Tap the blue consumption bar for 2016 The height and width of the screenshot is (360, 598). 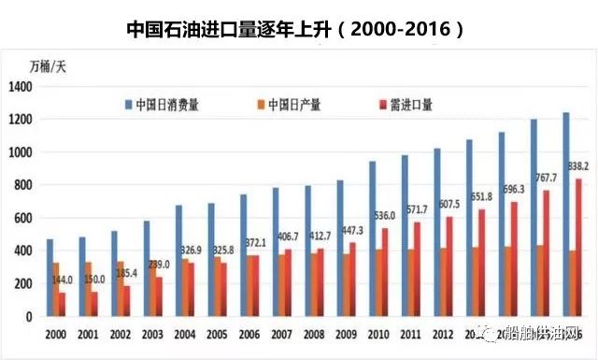click(x=566, y=215)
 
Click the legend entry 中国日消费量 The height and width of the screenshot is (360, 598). click(x=164, y=104)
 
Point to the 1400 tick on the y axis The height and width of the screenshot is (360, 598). click(x=21, y=87)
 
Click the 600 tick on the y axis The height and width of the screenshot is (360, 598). click(x=24, y=219)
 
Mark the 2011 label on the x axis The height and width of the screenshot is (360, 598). click(x=405, y=333)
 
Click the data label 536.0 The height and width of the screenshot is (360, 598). click(x=385, y=216)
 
